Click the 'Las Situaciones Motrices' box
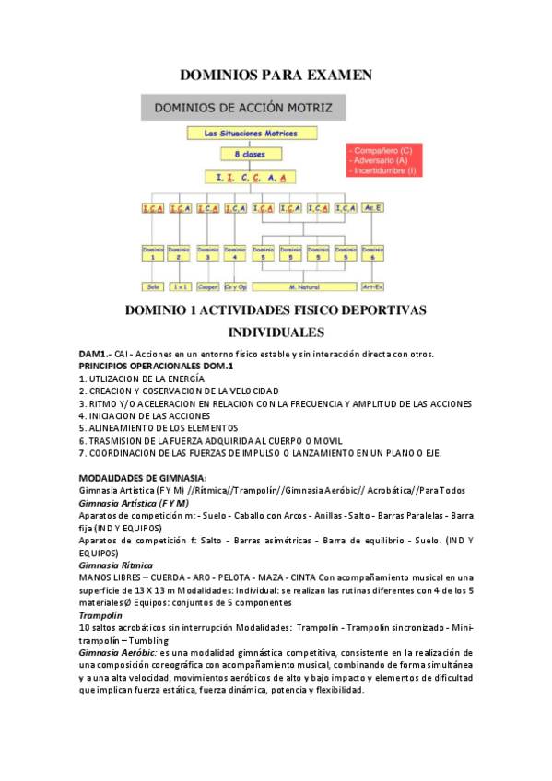pyautogui.click(x=243, y=134)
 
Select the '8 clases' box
pyautogui.click(x=243, y=155)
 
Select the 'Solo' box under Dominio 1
pyautogui.click(x=153, y=287)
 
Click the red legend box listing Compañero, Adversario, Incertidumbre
pyautogui.click(x=383, y=159)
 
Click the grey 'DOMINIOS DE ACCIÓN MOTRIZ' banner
pyautogui.click(x=242, y=108)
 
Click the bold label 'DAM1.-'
pyautogui.click(x=95, y=354)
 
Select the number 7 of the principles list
pyautogui.click(x=82, y=452)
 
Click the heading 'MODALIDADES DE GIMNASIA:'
pyautogui.click(x=143, y=477)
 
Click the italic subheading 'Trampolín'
pyautogui.click(x=101, y=614)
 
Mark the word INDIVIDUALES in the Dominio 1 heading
pyautogui.click(x=276, y=331)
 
